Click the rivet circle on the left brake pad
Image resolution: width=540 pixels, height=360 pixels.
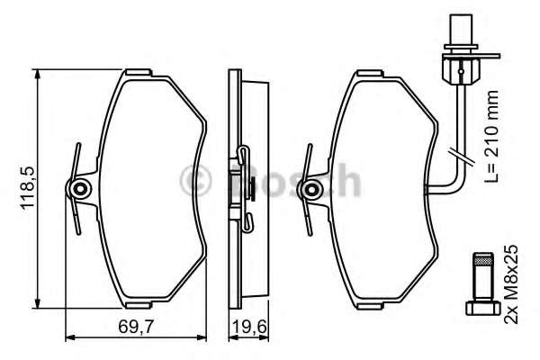point(81,189)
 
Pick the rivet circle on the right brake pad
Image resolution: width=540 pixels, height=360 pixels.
point(313,189)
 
